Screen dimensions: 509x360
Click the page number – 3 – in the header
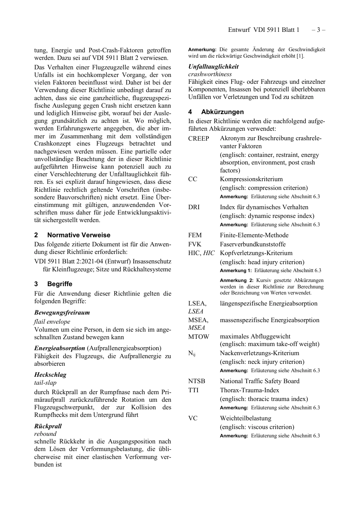tap(318, 30)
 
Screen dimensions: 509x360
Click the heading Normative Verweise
tap(78, 235)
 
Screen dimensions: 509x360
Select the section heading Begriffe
tap(59, 284)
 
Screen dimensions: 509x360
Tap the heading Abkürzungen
tap(222, 112)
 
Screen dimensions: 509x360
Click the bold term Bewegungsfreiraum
tap(62, 313)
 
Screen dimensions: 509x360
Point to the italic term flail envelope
tap(52, 321)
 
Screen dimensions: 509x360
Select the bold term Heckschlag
tap(50, 375)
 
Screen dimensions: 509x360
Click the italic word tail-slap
tap(45, 383)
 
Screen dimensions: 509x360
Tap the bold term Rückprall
tap(48, 426)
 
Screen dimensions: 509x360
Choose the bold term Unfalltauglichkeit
tap(213, 66)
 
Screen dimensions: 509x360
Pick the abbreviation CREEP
tap(199, 138)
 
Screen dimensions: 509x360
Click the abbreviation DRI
tap(194, 207)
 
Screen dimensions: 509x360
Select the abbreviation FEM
tap(195, 235)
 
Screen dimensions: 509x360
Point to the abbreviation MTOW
tap(199, 337)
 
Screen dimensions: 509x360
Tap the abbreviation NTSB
tap(196, 381)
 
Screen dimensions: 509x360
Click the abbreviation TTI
tap(193, 390)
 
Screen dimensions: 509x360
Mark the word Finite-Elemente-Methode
tap(254, 235)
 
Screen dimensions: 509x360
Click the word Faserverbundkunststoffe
tap(252, 244)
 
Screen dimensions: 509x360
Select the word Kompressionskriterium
tap(251, 179)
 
